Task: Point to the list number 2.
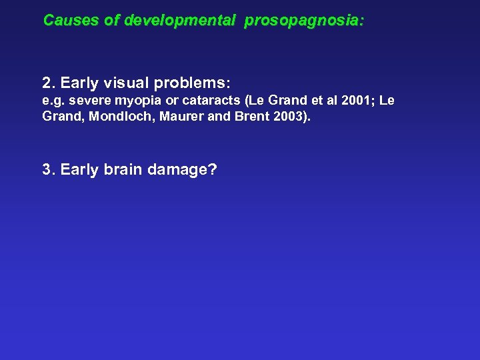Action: tap(47, 84)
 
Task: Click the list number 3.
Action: tap(47, 169)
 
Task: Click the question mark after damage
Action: tap(213, 169)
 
